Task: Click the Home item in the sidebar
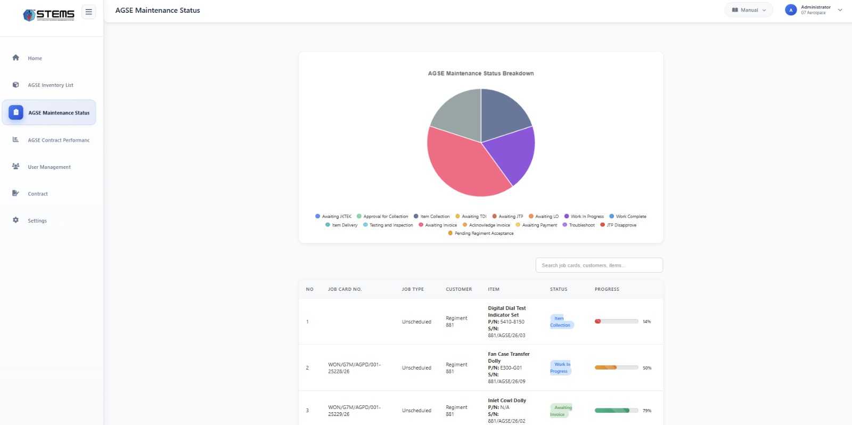[x=35, y=58]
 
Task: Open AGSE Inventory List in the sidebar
[x=50, y=85]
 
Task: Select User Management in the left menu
[x=49, y=167]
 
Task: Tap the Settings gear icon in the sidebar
[x=15, y=220]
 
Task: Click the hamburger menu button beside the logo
[x=88, y=12]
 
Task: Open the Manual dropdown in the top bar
[x=749, y=10]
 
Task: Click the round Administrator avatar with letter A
[x=791, y=10]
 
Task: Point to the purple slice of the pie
[x=511, y=152]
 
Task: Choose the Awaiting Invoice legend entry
[x=440, y=225]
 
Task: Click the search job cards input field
[x=599, y=265]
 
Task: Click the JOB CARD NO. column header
[x=345, y=289]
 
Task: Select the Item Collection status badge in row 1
[x=560, y=322]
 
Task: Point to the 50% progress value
[x=647, y=368]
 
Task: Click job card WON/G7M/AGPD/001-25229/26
[x=354, y=411]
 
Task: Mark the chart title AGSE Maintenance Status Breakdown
[x=480, y=73]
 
